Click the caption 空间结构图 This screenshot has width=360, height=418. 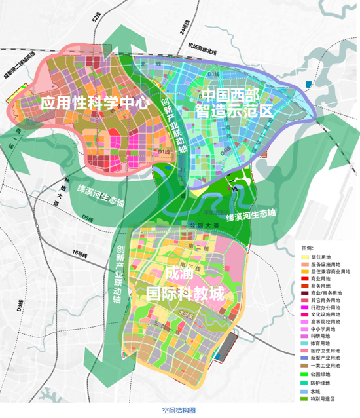click(x=179, y=410)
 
